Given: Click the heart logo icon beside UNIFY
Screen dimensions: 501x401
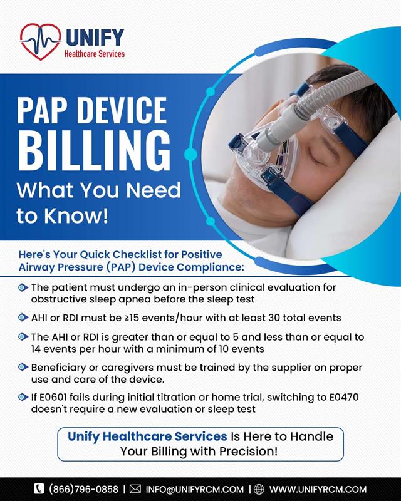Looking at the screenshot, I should point(39,41).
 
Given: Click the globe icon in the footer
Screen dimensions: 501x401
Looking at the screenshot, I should point(259,489).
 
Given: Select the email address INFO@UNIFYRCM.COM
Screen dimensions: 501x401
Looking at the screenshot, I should point(194,489).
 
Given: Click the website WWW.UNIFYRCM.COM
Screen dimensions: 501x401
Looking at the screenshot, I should point(318,489).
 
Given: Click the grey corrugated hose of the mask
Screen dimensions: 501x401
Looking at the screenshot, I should point(326,87).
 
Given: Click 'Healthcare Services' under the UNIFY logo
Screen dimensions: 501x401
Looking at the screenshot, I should point(95,54).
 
